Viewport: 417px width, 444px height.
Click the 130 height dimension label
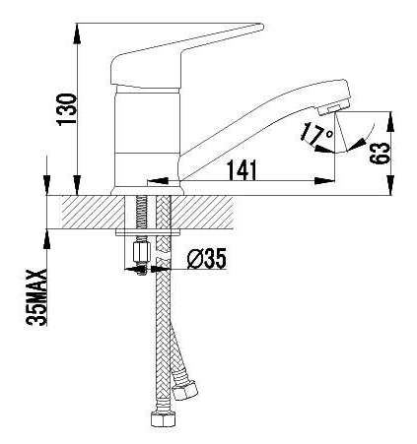67,109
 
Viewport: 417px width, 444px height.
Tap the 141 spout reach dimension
243,170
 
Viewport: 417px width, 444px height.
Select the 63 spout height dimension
380,154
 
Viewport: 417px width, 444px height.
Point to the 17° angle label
316,133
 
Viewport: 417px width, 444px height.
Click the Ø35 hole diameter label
207,259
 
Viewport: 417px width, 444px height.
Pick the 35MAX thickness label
36,297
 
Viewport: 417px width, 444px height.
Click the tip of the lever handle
262,27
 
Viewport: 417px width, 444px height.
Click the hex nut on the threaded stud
141,252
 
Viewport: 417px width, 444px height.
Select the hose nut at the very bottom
163,418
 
